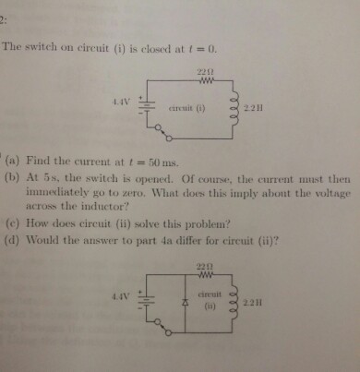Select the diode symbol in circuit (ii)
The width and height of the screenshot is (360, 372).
point(189,302)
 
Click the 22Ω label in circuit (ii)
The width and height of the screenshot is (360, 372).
point(206,265)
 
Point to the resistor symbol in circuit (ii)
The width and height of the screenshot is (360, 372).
point(206,274)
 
